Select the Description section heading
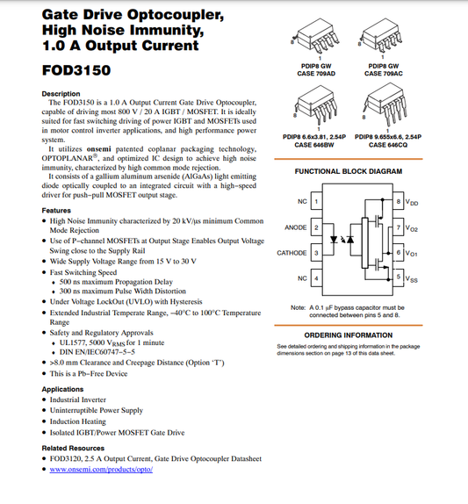click(61, 94)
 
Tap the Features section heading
click(56, 211)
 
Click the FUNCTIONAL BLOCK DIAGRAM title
click(348, 172)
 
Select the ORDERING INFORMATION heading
click(348, 335)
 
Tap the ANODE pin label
click(296, 228)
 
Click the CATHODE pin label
click(292, 253)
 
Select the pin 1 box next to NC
click(316, 202)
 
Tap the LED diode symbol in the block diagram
click(335, 239)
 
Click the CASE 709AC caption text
click(384, 74)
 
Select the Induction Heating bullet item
click(79, 421)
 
